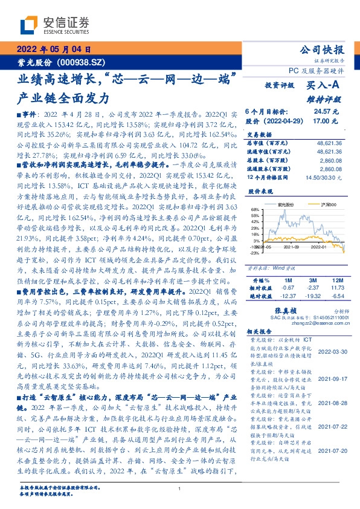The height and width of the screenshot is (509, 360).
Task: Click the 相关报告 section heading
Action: point(258,332)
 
